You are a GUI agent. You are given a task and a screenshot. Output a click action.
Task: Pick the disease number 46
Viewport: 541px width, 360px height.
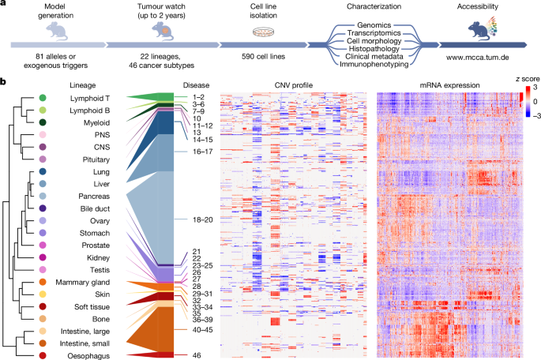(197, 357)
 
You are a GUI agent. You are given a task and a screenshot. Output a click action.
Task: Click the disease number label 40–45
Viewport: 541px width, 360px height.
(203, 330)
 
